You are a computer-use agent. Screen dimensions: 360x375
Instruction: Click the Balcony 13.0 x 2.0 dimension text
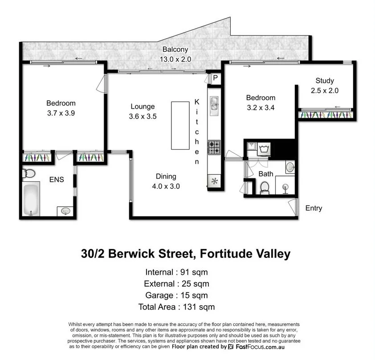coord(175,58)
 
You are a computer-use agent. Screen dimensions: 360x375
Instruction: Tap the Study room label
coord(325,81)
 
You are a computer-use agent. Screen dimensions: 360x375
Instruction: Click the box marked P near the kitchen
coord(216,78)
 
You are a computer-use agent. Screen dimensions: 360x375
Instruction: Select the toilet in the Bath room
coord(265,188)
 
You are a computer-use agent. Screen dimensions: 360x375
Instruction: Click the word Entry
coord(314,208)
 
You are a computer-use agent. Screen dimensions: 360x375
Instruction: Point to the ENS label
coord(57,180)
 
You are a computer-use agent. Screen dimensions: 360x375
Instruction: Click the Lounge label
coord(143,106)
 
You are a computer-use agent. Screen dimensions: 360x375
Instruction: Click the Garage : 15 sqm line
coord(176,295)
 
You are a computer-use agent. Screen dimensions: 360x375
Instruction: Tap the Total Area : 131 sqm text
coord(176,307)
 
